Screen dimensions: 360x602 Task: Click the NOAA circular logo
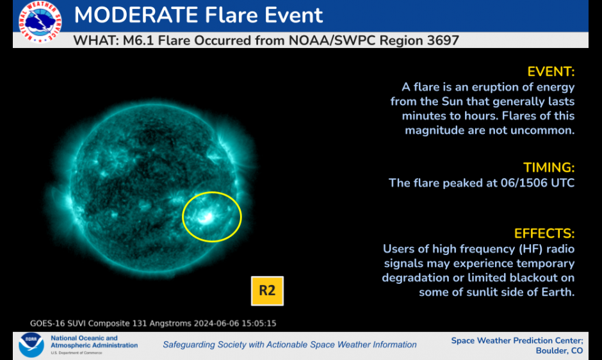point(31,345)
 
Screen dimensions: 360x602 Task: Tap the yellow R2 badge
point(266,290)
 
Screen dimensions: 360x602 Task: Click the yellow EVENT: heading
point(551,71)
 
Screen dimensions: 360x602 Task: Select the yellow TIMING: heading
point(549,168)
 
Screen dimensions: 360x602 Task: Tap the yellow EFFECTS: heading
point(544,233)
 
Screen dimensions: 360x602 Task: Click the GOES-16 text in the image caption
point(49,323)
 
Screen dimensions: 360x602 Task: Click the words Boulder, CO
point(559,350)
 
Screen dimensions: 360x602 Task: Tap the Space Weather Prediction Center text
point(517,340)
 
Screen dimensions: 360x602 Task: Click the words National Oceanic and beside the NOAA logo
point(84,338)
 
